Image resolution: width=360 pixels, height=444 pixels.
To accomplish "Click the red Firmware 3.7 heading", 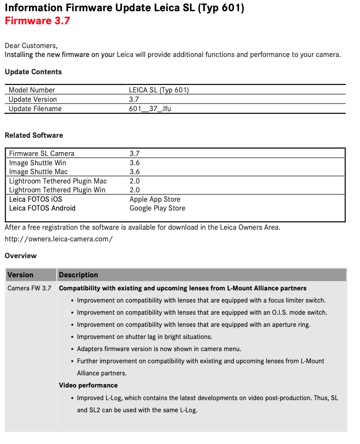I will tap(37, 21).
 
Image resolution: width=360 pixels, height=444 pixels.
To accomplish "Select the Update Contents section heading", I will tap(33, 72).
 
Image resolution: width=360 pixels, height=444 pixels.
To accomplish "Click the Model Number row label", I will tap(32, 90).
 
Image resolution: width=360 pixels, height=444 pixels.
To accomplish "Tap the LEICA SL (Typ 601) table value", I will tap(159, 90).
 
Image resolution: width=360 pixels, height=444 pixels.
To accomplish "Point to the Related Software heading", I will tap(34, 135).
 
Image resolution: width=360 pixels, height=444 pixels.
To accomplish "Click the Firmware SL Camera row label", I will tap(42, 154).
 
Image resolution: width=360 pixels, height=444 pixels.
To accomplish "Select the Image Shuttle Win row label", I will tap(38, 163).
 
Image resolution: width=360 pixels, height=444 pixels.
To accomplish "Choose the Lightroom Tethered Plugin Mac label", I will tap(58, 181).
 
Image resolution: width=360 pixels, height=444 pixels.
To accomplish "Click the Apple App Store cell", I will tap(155, 199).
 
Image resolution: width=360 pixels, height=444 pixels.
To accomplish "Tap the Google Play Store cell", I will tap(157, 208).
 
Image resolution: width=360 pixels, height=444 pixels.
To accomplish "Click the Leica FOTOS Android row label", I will tap(42, 208).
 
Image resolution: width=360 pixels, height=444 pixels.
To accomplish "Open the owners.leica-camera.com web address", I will tap(59, 239).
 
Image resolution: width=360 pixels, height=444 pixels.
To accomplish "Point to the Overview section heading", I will tap(21, 256).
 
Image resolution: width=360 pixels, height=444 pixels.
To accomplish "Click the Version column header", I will tap(21, 275).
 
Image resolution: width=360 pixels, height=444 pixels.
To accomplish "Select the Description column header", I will tap(78, 275).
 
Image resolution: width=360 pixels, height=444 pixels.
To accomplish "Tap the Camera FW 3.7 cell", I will tap(29, 289).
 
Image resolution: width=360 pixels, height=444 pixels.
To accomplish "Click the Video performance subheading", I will tap(88, 385).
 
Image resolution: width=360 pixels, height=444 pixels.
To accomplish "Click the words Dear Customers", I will tap(31, 46).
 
